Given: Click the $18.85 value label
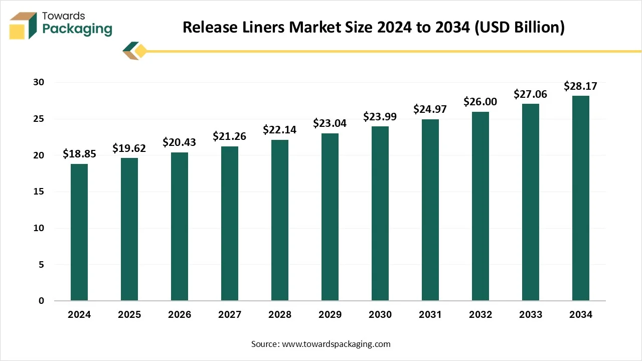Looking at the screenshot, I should click(79, 154).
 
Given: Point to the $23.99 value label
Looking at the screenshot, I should click(380, 117).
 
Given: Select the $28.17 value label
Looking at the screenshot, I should click(581, 86).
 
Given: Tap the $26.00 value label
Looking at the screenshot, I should click(480, 102).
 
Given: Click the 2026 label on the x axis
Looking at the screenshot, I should click(180, 315).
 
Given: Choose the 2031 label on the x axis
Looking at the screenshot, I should click(430, 315).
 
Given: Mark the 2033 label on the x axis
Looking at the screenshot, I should click(531, 315).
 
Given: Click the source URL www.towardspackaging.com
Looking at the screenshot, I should click(336, 344).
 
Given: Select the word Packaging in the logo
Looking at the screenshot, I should click(77, 29).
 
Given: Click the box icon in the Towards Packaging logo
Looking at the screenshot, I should click(23, 25).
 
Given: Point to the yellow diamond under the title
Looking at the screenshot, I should click(141, 51).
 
